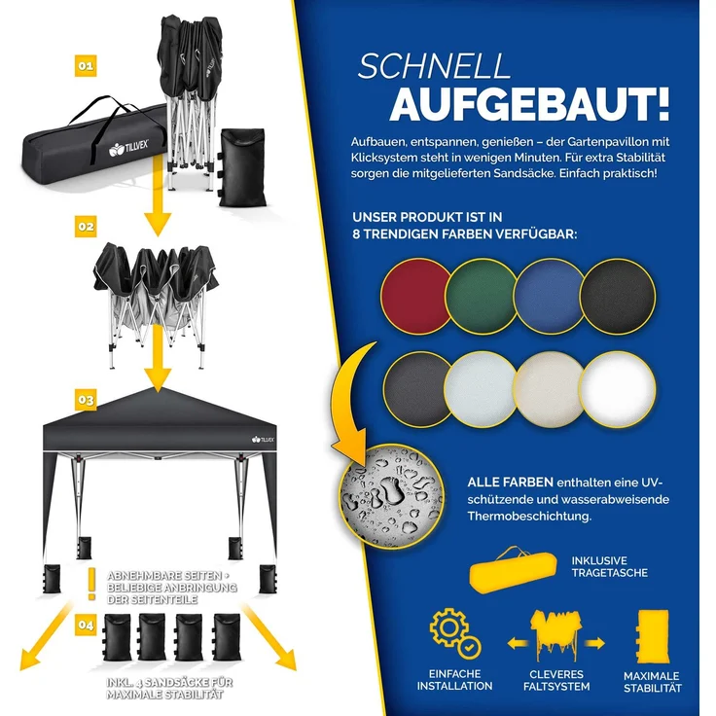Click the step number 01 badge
(85, 66)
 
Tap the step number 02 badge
(86, 226)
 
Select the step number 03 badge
(85, 399)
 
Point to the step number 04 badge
(86, 626)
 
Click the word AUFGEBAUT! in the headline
(529, 102)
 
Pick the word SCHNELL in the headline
(433, 66)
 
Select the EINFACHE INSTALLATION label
(454, 680)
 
